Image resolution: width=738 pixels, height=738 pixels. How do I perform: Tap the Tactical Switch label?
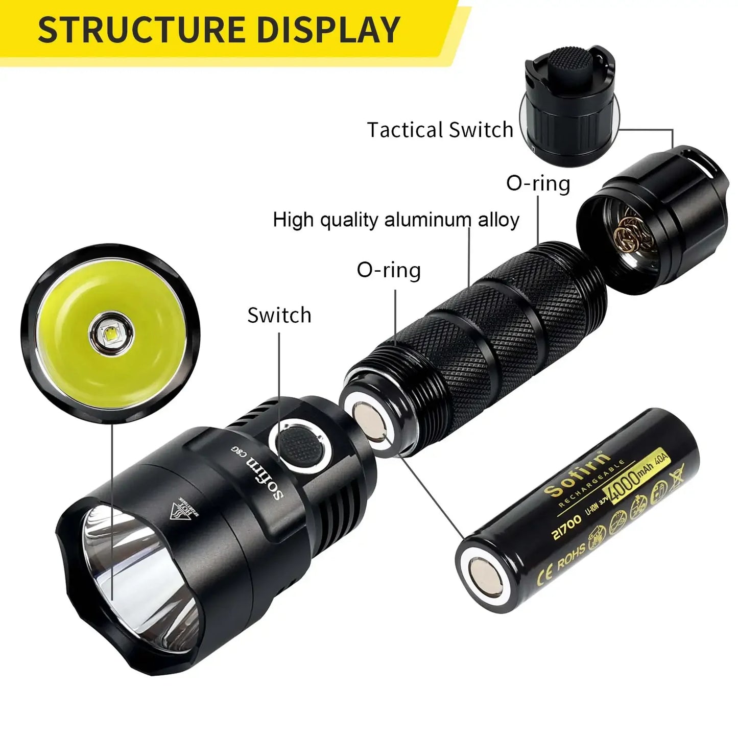tap(440, 130)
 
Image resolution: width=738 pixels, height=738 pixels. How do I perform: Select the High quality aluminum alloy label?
tap(396, 220)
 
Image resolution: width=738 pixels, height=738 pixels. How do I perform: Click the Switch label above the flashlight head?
tap(279, 315)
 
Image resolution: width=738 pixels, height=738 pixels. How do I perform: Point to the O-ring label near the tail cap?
tap(538, 183)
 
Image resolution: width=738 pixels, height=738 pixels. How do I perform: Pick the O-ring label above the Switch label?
tap(389, 270)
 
